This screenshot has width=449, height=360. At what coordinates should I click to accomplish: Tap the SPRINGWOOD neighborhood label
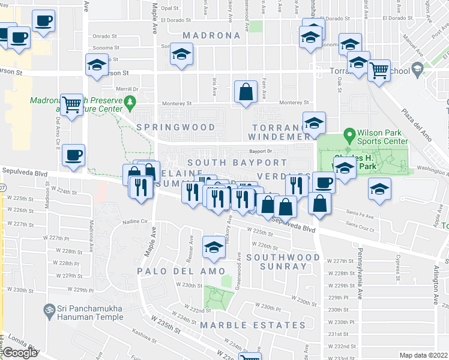tap(175, 127)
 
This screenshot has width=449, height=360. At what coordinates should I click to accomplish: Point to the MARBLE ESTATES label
tap(253, 325)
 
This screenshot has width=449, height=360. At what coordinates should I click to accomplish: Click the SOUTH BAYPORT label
tap(237, 163)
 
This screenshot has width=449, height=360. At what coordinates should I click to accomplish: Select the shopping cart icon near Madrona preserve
tap(72, 105)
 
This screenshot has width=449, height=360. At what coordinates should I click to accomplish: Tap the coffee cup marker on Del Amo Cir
tap(74, 155)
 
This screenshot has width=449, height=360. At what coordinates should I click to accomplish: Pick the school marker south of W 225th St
tap(214, 248)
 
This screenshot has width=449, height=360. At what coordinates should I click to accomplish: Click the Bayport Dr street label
tap(261, 151)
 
